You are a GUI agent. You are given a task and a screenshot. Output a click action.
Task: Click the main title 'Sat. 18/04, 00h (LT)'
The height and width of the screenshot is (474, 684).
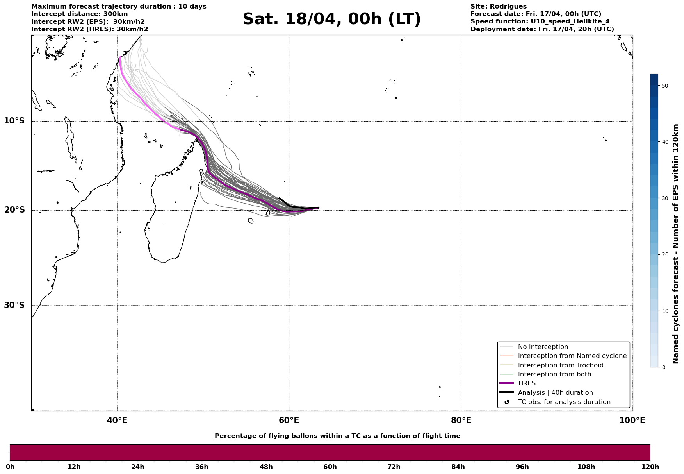coord(331,19)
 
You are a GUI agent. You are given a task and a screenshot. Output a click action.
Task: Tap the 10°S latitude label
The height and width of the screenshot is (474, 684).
coord(14,121)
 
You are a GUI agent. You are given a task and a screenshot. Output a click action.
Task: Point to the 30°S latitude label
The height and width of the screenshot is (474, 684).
coord(14,305)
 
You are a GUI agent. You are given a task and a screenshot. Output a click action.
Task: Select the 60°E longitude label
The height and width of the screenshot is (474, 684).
coord(289,420)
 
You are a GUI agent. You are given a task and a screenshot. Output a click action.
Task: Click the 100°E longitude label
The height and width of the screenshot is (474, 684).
coord(632,420)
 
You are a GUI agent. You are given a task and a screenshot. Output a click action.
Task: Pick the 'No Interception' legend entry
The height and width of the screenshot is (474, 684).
coord(543,347)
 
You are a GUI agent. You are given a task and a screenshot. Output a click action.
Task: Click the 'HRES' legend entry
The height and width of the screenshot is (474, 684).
coord(527,383)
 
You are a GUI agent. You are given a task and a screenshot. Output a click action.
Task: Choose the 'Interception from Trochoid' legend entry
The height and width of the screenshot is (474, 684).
coord(560,365)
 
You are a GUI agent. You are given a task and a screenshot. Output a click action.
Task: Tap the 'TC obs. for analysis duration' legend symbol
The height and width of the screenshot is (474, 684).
coord(507,402)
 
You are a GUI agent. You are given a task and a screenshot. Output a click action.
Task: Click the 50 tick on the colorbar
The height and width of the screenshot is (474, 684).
coord(665,86)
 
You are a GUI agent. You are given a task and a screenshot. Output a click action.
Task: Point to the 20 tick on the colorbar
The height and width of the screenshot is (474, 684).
coord(665,255)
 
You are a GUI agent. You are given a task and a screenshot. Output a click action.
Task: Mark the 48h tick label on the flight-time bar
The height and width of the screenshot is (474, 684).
coord(266,467)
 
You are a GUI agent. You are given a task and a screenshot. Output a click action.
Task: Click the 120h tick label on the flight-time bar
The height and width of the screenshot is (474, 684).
coord(650,467)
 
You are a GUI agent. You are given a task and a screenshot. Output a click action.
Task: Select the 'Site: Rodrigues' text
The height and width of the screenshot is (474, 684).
coord(498,7)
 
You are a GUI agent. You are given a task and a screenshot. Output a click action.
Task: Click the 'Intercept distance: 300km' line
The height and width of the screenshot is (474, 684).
coord(79,14)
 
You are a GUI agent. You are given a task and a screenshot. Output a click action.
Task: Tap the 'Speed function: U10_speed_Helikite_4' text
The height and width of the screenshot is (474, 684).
coord(540,21)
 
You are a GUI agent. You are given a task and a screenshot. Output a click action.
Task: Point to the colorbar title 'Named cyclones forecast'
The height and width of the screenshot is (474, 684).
coord(676,243)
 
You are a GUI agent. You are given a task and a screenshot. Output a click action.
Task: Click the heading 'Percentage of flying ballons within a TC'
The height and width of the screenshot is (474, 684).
coord(337,436)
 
